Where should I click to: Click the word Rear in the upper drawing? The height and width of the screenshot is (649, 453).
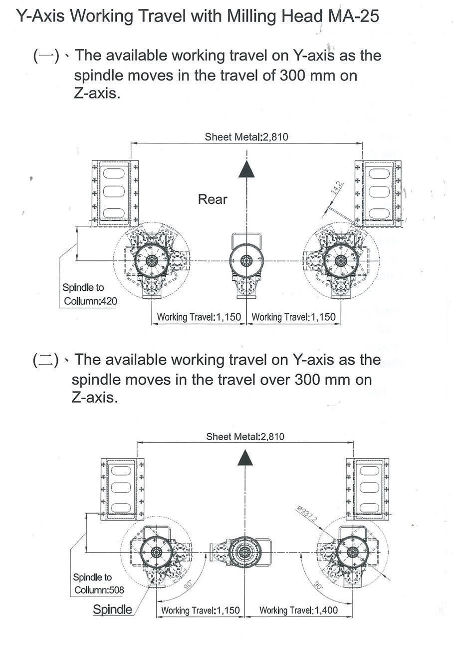tap(213, 199)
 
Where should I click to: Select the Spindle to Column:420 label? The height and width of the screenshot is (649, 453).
tap(89, 295)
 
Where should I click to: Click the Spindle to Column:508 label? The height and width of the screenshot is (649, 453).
tap(99, 584)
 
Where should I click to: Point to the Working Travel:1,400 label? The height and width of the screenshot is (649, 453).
tap(298, 610)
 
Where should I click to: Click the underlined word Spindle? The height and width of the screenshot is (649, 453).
tap(113, 609)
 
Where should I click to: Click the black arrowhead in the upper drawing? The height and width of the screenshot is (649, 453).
tap(246, 169)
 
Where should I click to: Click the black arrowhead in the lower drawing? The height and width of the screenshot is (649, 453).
tap(245, 457)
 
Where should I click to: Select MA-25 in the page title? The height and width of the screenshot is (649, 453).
tap(354, 16)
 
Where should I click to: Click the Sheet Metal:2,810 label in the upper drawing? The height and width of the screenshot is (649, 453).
tap(246, 136)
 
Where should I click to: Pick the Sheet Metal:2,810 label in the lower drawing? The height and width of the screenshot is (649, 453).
tap(245, 436)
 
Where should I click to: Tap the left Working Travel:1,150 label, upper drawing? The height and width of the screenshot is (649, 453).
tap(199, 317)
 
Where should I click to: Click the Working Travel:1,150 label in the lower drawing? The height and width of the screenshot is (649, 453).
tap(201, 610)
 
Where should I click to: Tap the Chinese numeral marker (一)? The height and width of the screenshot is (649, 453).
tap(46, 55)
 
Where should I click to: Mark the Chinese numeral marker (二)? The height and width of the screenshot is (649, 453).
tap(46, 360)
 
